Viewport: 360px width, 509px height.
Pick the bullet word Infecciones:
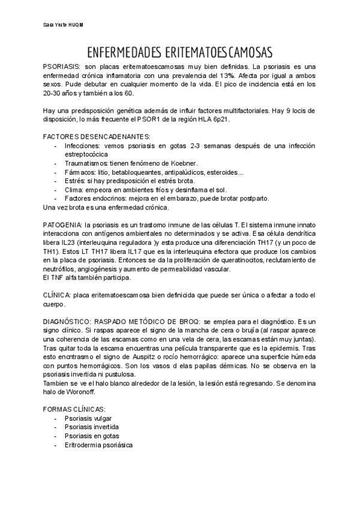point(82,146)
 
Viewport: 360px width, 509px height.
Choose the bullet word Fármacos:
point(78,172)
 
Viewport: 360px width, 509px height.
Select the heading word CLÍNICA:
point(58,295)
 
